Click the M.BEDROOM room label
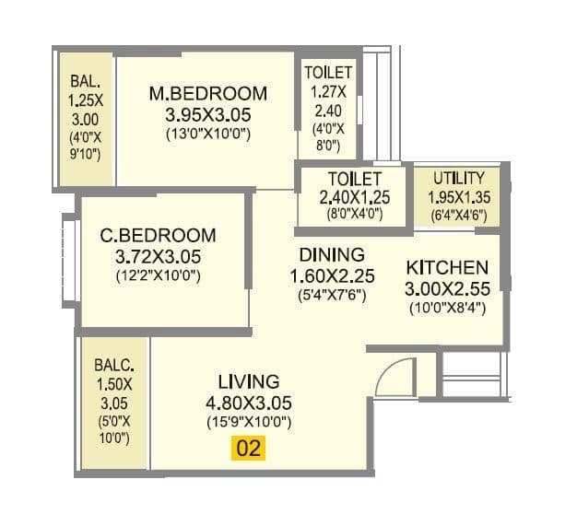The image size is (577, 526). tap(208, 93)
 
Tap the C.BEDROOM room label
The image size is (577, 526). tap(158, 235)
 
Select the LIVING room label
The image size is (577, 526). tap(248, 380)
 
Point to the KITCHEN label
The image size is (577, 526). tap(447, 267)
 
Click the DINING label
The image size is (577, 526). tap(331, 254)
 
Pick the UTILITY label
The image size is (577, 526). tap(453, 176)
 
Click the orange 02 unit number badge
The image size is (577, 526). tap(248, 449)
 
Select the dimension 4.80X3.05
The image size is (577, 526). tap(248, 402)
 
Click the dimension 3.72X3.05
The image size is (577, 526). tap(158, 256)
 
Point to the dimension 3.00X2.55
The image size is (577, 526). tap(447, 288)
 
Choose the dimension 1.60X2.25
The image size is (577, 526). tap(331, 275)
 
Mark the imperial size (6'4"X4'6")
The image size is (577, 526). tap(453, 215)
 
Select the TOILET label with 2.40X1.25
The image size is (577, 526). tap(342, 177)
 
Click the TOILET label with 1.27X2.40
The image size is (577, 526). tap(327, 71)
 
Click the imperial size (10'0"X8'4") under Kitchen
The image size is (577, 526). tap(447, 308)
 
